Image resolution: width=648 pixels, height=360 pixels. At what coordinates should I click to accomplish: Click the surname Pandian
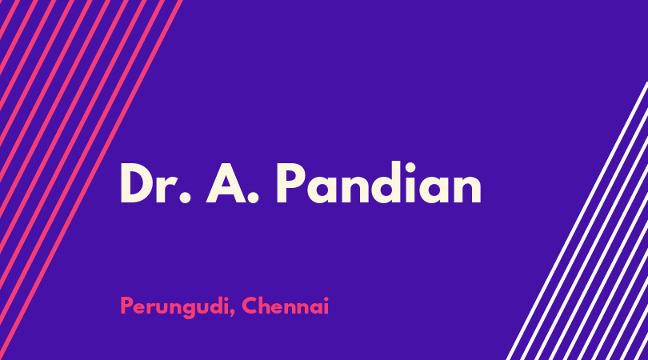pyautogui.click(x=379, y=182)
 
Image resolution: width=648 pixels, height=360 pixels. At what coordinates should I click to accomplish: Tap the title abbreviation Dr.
pyautogui.click(x=155, y=183)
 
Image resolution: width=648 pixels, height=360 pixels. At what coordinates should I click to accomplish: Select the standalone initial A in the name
pyautogui.click(x=226, y=183)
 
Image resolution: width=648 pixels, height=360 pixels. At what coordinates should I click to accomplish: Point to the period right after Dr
pyautogui.click(x=186, y=198)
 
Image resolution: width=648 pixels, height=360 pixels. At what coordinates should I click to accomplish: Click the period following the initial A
pyautogui.click(x=253, y=198)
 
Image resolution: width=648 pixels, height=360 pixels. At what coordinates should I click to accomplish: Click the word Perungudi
pyautogui.click(x=174, y=307)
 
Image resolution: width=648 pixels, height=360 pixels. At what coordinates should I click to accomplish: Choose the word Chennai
pyautogui.click(x=285, y=306)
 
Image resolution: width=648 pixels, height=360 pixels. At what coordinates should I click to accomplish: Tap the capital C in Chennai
pyautogui.click(x=250, y=306)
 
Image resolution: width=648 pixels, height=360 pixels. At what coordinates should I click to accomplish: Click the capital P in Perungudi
pyautogui.click(x=126, y=306)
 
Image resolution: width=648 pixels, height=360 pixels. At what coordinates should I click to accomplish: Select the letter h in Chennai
pyautogui.click(x=266, y=306)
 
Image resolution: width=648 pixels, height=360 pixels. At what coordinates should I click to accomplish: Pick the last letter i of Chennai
pyautogui.click(x=326, y=306)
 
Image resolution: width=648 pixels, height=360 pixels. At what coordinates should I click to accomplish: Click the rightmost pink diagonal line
pyautogui.click(x=91, y=180)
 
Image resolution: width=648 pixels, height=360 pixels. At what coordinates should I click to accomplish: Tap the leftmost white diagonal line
pyautogui.click(x=578, y=221)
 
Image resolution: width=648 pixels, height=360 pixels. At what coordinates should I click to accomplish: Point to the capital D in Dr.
pyautogui.click(x=137, y=183)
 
